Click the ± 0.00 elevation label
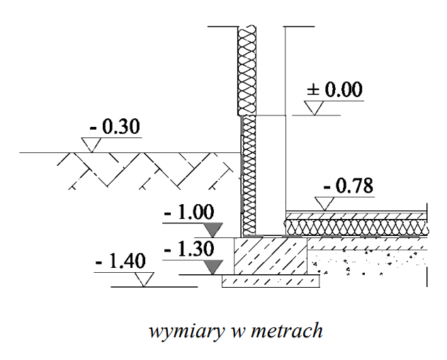334,91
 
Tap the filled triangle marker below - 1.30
213,267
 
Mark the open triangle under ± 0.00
315,108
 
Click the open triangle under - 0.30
90,145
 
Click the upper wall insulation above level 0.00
247,71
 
